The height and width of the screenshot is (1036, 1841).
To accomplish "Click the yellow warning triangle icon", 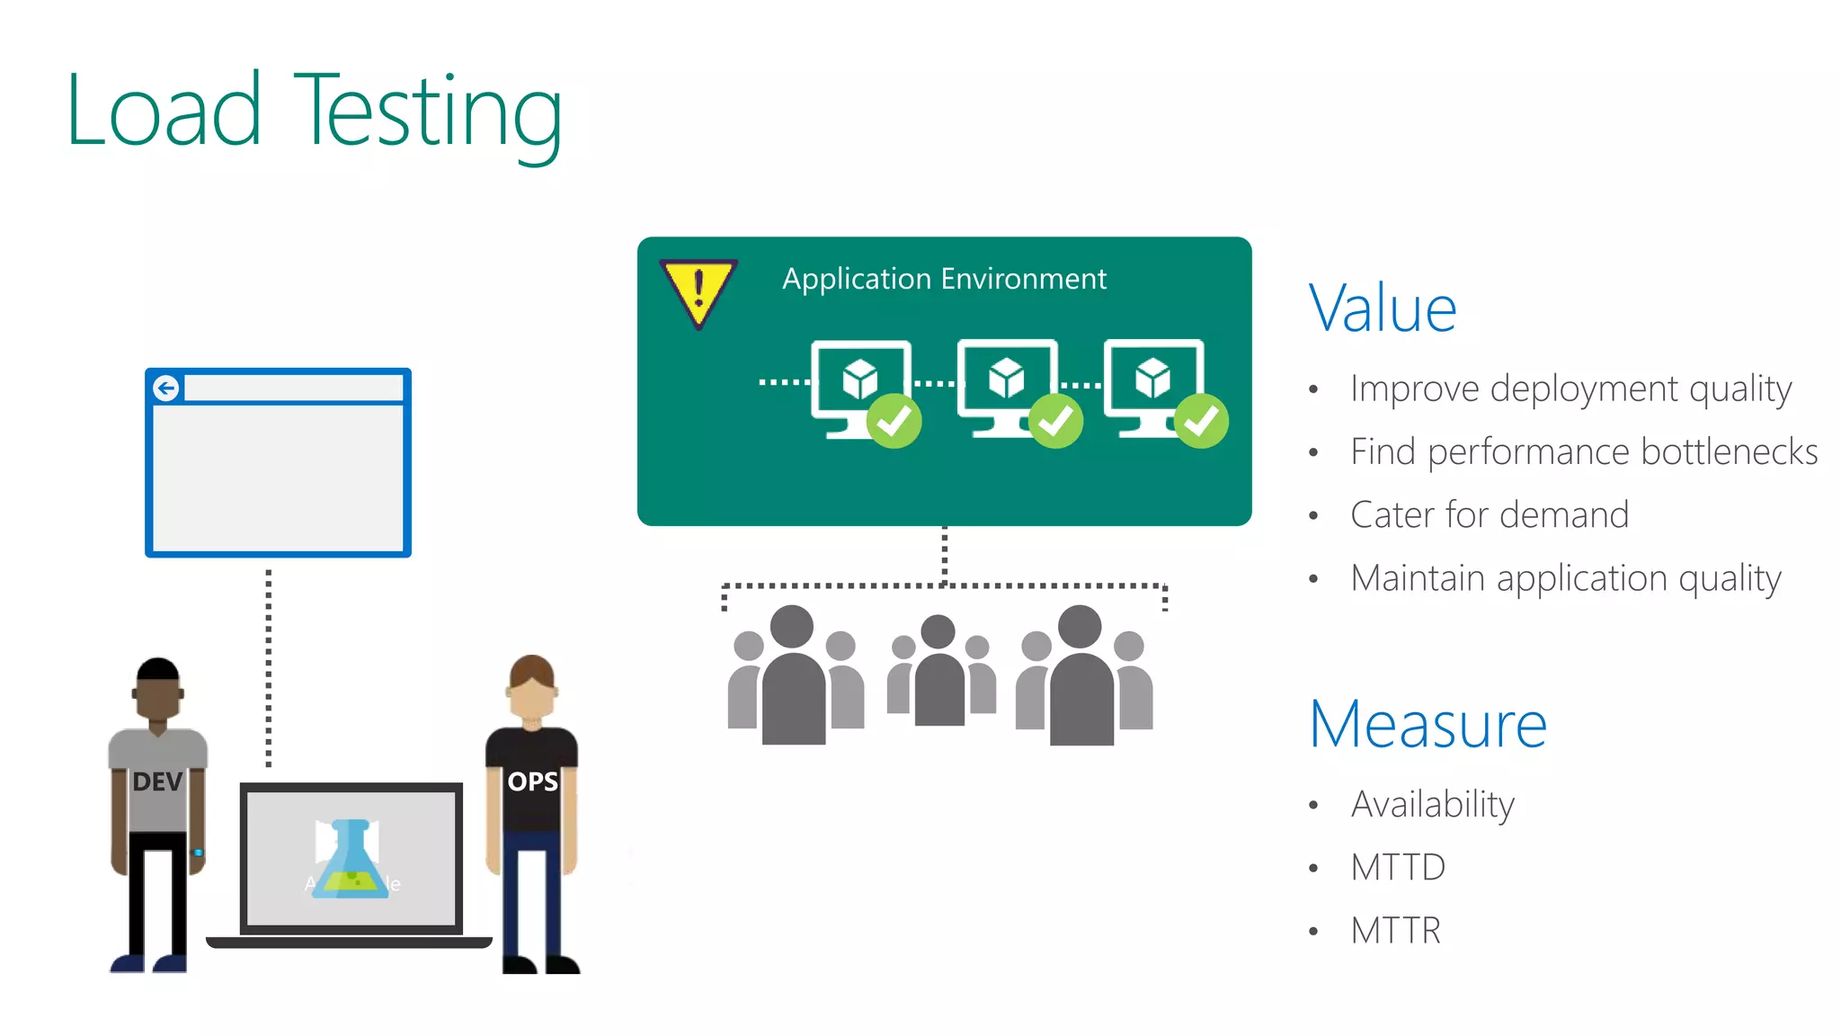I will pos(698,290).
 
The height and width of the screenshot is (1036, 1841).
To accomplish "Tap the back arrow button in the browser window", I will pos(166,388).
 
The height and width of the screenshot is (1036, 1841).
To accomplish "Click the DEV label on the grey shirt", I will pos(157,781).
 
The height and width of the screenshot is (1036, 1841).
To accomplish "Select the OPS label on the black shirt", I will pos(532,781).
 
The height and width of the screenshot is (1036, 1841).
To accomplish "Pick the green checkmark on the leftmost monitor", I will pos(894,421).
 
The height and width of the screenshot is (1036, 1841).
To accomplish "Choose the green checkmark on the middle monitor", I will pos(1055,421).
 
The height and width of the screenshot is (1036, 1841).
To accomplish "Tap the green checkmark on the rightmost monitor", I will pos(1201,421).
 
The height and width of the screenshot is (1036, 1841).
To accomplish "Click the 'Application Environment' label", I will pos(944,279).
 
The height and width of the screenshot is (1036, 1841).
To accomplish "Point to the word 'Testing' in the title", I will pos(428,112).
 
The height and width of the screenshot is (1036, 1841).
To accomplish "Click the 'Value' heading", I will pos(1382,308).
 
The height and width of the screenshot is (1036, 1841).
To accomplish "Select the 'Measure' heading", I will pos(1427,724).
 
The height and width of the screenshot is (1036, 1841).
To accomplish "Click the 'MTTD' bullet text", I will pos(1398,867).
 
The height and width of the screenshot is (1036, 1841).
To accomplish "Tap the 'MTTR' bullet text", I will pos(1395,930).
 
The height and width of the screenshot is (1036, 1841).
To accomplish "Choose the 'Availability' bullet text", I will pos(1432,804).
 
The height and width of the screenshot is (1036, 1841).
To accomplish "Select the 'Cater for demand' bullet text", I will pos(1490,514).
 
